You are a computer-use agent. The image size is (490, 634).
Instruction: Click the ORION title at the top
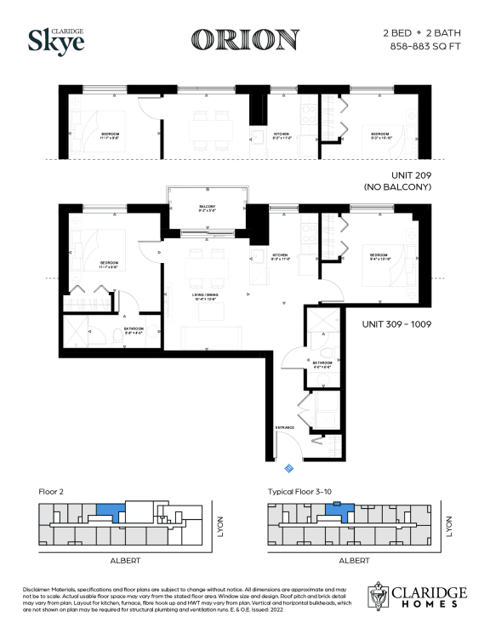[x=245, y=39]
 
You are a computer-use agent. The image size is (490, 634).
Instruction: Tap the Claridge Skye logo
[x=57, y=39]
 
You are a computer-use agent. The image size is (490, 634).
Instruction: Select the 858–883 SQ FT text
[x=420, y=46]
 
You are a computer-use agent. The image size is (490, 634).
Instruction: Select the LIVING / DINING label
[x=207, y=295]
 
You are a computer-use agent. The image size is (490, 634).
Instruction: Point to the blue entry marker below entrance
[x=288, y=466]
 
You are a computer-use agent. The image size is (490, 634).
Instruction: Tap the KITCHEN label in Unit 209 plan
[x=282, y=134]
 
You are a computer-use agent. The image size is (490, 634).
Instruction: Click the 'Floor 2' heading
[x=53, y=491]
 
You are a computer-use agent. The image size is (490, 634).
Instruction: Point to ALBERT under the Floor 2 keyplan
[x=123, y=561]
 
